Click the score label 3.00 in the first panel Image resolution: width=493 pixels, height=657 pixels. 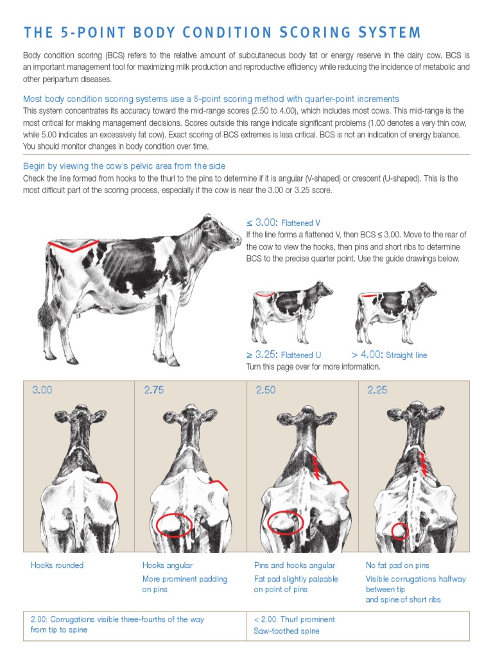click(42, 389)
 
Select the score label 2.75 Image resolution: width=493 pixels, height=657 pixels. click(153, 389)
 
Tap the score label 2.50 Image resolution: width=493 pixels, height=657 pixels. click(265, 389)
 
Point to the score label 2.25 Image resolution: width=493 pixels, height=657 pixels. click(377, 389)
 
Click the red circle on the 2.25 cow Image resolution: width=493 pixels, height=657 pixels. click(400, 531)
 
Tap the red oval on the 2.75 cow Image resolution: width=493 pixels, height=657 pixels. click(174, 525)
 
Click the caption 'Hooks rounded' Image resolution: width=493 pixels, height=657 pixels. click(57, 565)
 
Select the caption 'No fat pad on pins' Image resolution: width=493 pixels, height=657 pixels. click(397, 565)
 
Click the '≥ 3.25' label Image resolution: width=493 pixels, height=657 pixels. click(261, 354)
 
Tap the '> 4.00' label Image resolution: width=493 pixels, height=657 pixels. click(367, 354)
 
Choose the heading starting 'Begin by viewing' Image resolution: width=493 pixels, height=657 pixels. click(124, 166)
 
